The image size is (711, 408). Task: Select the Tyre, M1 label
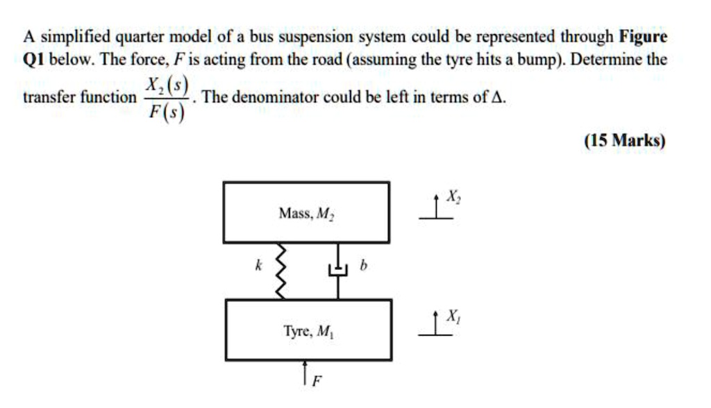coord(308,332)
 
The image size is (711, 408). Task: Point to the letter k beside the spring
coord(257,264)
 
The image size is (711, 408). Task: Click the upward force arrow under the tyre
coord(305,371)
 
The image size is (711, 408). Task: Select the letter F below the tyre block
coord(317,380)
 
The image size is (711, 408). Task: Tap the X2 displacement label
coord(453,198)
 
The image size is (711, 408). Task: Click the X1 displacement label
coord(452,316)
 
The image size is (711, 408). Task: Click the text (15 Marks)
coord(625,141)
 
